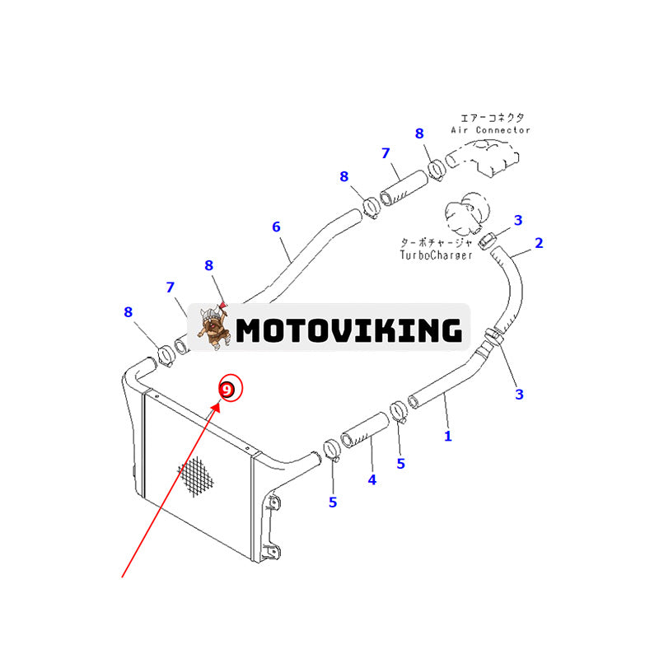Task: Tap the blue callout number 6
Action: point(277,227)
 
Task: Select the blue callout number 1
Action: point(448,436)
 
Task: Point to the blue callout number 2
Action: point(539,243)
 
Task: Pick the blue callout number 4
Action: point(372,479)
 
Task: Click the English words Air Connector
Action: point(491,130)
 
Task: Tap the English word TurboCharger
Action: point(437,255)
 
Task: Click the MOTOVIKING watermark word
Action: point(348,330)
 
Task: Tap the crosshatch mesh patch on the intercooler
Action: point(199,477)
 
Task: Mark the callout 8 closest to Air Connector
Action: point(419,133)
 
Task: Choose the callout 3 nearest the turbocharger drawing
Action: point(518,220)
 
